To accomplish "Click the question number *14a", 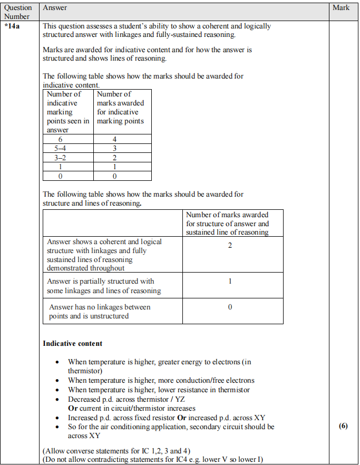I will pos(13,25).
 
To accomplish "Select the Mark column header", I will pos(341,8).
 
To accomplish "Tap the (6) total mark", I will pos(343,427).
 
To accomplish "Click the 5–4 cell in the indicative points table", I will pos(67,148).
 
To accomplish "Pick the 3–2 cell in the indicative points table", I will pos(67,157).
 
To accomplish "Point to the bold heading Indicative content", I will pos(72,344).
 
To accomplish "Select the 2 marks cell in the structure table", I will pos(230,246).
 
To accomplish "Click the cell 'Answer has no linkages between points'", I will pos(100,312).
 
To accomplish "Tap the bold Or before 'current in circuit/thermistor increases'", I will pos(73,408).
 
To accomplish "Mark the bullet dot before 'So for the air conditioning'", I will pos(57,427).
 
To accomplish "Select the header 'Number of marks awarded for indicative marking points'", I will pos(120,108).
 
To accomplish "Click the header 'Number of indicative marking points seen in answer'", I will pos(68,112).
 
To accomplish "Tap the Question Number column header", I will pos(18,12).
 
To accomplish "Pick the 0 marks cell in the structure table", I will pos(230,307).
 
